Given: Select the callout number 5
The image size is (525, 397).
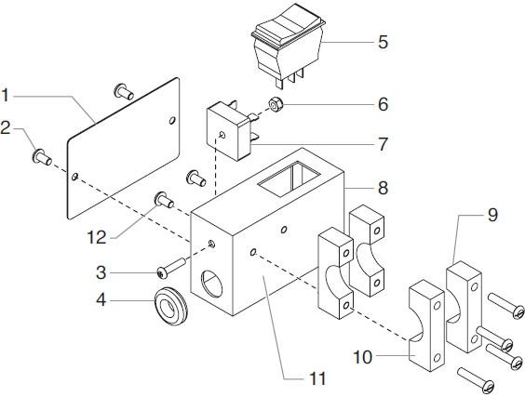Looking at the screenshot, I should pos(383,42).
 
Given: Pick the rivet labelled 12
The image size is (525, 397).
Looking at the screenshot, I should pos(164,198).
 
